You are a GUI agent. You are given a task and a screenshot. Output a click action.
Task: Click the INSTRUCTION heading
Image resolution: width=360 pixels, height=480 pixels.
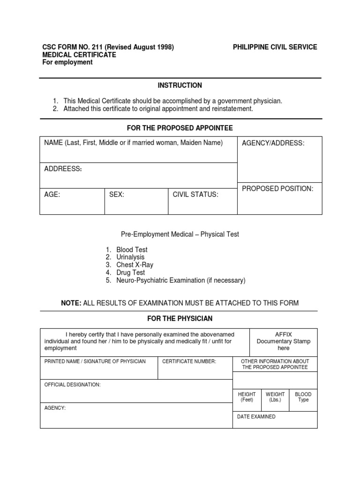[180, 85]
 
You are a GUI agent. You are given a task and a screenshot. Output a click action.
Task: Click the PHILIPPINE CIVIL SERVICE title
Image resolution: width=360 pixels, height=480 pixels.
[275, 47]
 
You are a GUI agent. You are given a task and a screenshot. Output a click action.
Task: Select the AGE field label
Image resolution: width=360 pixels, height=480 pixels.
[52, 195]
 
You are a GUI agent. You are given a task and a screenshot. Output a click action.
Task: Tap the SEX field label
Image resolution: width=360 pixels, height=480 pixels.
[117, 195]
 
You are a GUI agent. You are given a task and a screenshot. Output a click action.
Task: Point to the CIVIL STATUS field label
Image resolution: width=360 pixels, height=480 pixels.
[195, 195]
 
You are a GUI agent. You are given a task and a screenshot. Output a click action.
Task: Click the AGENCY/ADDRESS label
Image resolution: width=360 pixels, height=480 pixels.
[273, 143]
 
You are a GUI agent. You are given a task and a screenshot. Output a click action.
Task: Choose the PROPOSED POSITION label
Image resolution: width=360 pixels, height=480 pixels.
[277, 188]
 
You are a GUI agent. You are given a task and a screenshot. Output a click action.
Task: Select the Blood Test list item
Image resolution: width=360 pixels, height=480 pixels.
[132, 250]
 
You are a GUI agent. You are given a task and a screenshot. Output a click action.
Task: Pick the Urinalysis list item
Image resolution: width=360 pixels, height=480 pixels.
[130, 257]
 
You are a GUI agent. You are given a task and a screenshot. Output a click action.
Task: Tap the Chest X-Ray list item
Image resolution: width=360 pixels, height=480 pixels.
[135, 265]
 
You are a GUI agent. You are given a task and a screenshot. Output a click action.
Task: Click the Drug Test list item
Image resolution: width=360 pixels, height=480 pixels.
[131, 272]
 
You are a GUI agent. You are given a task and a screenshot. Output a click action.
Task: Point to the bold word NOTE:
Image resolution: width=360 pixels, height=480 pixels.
[71, 303]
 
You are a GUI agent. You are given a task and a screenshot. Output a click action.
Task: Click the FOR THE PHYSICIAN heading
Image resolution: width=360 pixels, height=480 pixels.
[180, 319]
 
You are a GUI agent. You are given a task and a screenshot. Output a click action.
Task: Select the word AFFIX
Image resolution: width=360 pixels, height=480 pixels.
[283, 334]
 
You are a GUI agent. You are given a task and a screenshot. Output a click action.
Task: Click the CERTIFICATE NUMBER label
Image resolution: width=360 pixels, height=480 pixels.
[189, 361]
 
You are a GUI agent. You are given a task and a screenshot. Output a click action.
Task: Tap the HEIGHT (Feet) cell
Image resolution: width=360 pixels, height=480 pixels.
[247, 397]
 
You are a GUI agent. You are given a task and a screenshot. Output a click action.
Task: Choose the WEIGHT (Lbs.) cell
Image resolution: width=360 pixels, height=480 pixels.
[275, 397]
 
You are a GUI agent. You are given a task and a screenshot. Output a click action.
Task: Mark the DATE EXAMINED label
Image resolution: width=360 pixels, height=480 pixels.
[257, 417]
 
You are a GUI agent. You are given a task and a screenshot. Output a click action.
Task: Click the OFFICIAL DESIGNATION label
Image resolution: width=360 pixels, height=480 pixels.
[72, 385]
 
